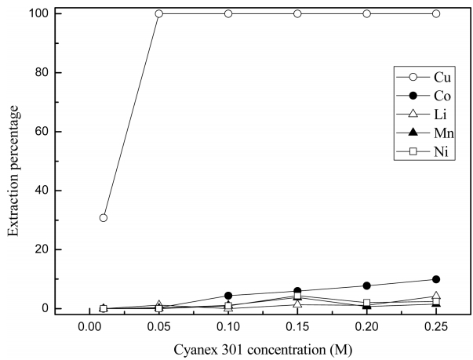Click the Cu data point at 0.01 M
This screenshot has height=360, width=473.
click(x=104, y=218)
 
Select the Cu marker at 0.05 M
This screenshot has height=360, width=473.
click(x=158, y=13)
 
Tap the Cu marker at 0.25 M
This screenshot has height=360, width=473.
click(x=436, y=13)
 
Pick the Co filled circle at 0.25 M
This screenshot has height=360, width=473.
click(x=436, y=279)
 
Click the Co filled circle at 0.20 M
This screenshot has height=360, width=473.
click(x=367, y=285)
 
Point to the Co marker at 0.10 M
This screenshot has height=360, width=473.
click(x=228, y=296)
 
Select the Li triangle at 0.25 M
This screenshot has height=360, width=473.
click(x=436, y=296)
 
